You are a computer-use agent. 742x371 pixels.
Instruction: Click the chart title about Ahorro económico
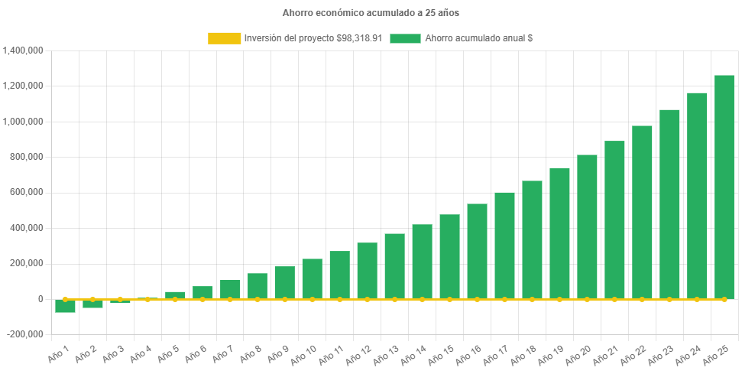[371, 13]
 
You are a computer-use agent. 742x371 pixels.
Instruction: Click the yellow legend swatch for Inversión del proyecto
[223, 37]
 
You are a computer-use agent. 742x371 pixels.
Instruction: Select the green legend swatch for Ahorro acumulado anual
[405, 37]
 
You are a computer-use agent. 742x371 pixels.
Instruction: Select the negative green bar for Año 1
[65, 306]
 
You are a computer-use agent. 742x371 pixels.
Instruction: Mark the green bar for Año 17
[504, 244]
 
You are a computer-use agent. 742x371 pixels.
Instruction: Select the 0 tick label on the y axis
[40, 299]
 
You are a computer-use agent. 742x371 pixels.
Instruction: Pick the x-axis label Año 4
[141, 353]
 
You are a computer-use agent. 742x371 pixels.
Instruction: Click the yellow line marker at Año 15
[449, 299]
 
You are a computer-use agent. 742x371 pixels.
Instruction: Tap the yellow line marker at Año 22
[642, 299]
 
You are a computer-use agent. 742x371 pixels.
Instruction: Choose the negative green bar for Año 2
[92, 304]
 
